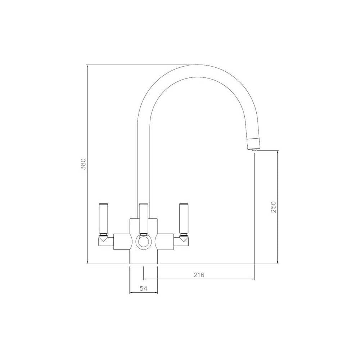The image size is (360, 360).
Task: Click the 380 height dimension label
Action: (x=83, y=164)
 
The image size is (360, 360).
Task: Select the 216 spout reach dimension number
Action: (x=199, y=275)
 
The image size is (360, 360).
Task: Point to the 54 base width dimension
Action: (x=144, y=288)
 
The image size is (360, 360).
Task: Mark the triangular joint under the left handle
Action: (x=103, y=238)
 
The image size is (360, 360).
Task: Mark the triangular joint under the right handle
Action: (x=184, y=238)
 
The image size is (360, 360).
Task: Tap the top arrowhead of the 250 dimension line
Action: (x=277, y=152)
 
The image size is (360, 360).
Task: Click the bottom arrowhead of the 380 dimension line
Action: (x=87, y=262)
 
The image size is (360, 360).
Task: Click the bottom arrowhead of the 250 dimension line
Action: (x=277, y=262)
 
